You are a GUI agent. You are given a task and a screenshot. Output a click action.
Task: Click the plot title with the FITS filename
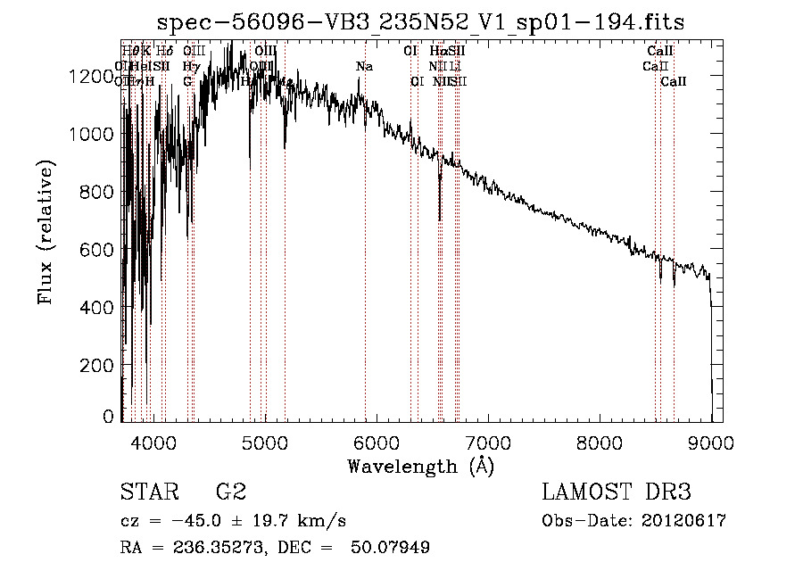pos(420,22)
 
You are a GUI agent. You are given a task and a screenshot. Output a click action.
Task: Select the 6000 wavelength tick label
pos(376,440)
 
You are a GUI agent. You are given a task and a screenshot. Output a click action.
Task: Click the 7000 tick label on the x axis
pos(488,440)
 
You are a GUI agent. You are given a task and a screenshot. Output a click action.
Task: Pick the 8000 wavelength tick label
pos(600,440)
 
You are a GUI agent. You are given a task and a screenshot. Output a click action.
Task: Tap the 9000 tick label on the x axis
pos(711,440)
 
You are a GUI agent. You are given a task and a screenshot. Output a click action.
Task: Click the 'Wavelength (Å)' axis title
pos(420,466)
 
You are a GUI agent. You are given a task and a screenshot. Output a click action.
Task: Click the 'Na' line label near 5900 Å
pos(364,66)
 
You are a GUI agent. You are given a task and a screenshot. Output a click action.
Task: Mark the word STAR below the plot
pos(148,492)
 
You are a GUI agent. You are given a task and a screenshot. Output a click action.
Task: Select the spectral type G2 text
pos(231,492)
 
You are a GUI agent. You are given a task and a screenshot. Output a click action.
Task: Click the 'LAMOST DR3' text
pos(617,492)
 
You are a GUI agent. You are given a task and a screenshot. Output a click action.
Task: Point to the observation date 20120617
pos(684,521)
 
